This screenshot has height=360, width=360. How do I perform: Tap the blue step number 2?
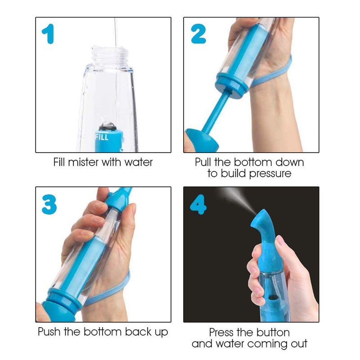(x=198, y=34)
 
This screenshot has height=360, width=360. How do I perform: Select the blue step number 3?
(x=49, y=204)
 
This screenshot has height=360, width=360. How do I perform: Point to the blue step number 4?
(x=198, y=204)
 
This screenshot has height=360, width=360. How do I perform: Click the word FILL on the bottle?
(x=102, y=137)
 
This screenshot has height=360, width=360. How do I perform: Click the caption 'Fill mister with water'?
(x=103, y=162)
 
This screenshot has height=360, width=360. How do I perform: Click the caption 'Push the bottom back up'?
(x=103, y=332)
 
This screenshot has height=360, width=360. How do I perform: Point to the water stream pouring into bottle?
(x=116, y=31)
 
